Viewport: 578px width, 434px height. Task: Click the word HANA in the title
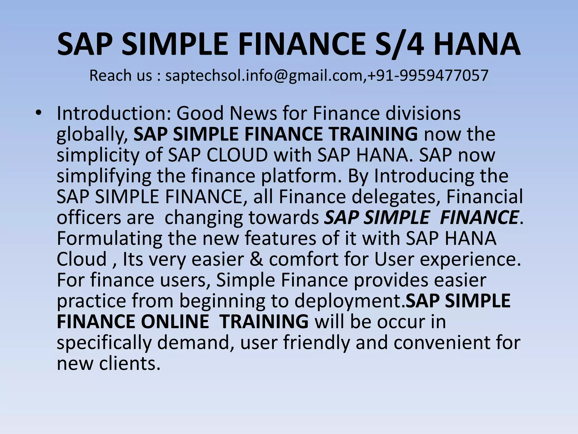(x=477, y=45)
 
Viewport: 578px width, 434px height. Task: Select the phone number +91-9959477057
(x=428, y=76)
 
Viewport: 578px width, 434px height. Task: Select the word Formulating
(x=109, y=238)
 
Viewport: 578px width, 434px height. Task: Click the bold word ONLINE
(x=175, y=322)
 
